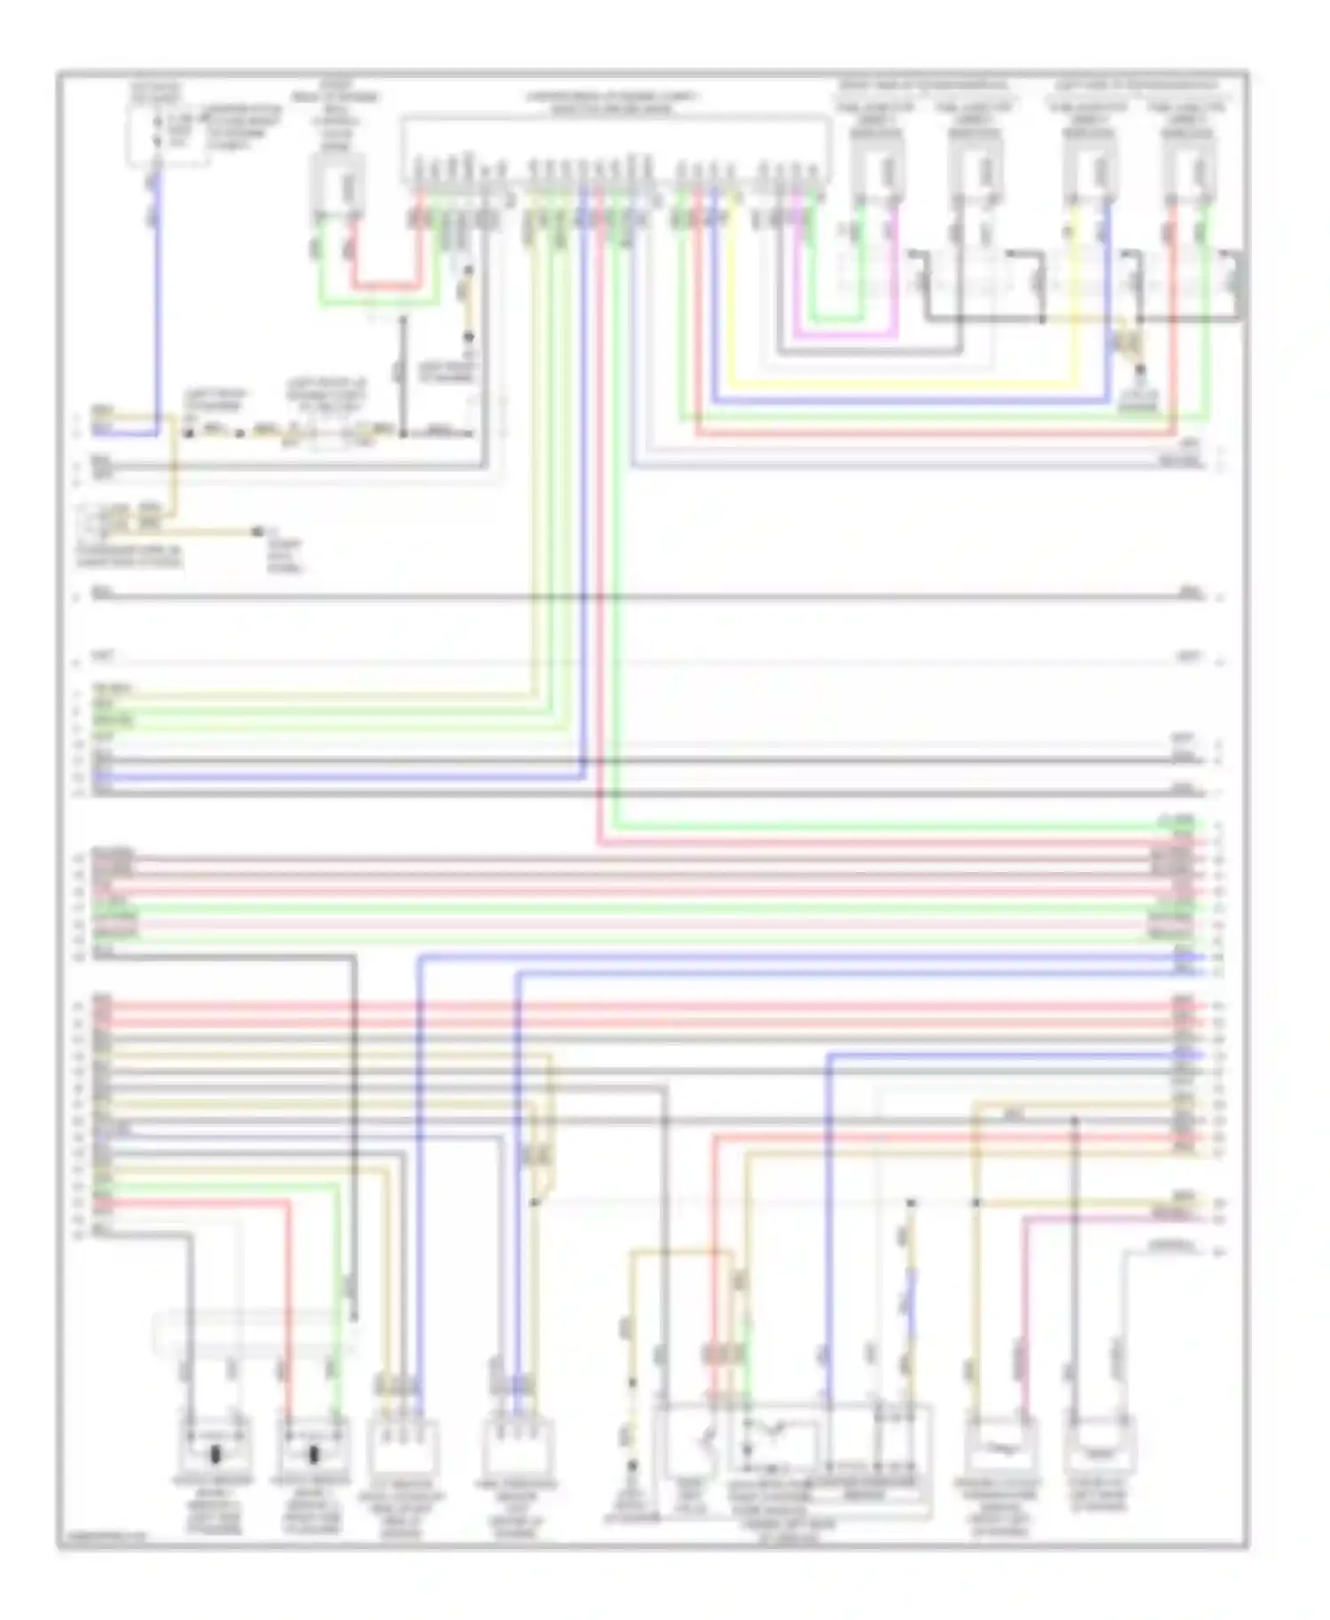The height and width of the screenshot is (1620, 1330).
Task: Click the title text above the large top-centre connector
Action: (x=612, y=103)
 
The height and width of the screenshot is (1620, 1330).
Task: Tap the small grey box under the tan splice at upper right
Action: (x=1138, y=400)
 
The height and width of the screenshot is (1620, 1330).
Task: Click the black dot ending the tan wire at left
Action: (x=258, y=532)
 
